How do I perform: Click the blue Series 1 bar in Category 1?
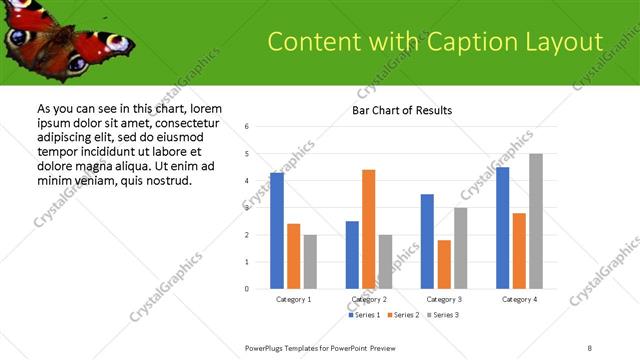(277, 231)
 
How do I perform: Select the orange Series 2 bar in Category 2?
(368, 229)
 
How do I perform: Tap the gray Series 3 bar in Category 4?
(536, 221)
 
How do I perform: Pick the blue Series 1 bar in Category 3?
(427, 241)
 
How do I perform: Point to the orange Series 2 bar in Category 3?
(444, 264)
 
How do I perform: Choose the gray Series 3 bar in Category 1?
(310, 261)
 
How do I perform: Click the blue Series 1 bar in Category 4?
(503, 228)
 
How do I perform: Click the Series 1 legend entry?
(365, 315)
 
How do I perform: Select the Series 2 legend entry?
(402, 315)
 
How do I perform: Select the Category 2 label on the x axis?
(369, 300)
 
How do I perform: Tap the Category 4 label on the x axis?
(519, 300)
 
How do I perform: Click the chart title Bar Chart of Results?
(402, 109)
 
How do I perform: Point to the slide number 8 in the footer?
(590, 347)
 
